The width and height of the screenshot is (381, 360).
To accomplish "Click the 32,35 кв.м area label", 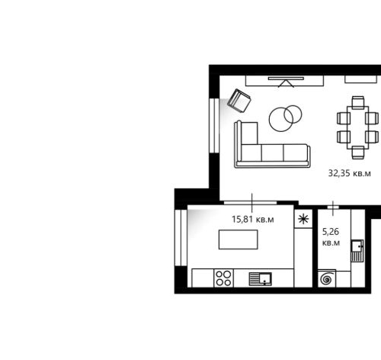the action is click(349, 173).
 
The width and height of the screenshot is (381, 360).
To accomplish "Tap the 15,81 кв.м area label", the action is click(253, 219).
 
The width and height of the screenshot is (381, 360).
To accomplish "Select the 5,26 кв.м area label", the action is click(331, 237).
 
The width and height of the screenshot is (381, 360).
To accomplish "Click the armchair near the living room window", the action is click(239, 101).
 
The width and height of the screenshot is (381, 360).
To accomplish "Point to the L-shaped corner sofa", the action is click(272, 153).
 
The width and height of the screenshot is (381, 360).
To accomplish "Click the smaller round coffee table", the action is click(293, 114).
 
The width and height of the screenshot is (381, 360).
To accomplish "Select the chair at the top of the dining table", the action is click(358, 102).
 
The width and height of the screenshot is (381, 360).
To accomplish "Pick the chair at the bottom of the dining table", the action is click(358, 153).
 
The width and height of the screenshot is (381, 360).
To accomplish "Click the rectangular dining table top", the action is click(358, 127).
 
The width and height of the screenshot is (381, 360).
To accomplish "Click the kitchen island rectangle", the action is click(239, 239).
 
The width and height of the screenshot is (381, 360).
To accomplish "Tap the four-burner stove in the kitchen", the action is click(223, 278).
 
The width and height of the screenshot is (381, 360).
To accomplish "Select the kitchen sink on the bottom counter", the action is click(261, 279).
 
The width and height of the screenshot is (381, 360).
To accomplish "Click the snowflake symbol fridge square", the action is click(303, 219).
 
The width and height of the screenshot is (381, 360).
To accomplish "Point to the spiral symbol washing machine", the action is click(327, 278).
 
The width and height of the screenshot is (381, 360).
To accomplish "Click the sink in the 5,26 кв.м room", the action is click(357, 251).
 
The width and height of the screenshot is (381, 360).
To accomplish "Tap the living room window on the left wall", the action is click(214, 126).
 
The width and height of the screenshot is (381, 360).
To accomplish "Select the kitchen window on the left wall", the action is click(181, 238).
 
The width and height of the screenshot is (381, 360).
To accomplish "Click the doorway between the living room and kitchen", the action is click(250, 203).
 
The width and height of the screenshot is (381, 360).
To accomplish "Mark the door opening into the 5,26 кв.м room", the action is click(333, 207).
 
